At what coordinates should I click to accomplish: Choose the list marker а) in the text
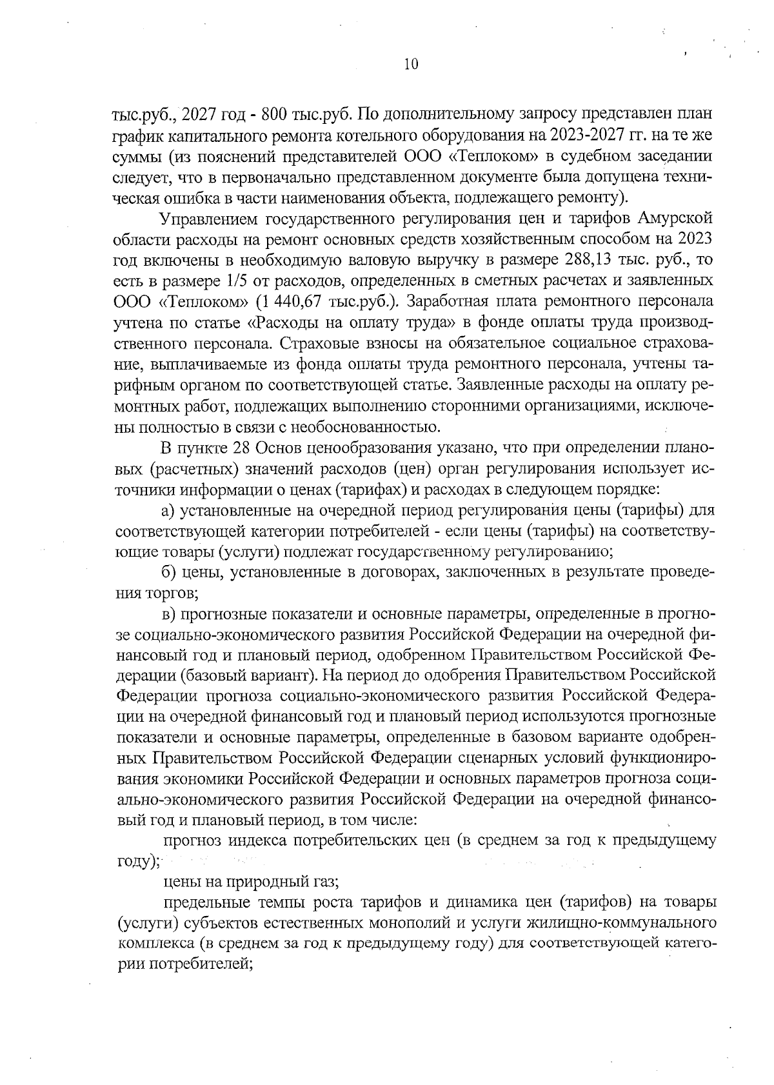click(x=169, y=511)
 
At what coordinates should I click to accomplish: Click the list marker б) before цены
click(x=169, y=572)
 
